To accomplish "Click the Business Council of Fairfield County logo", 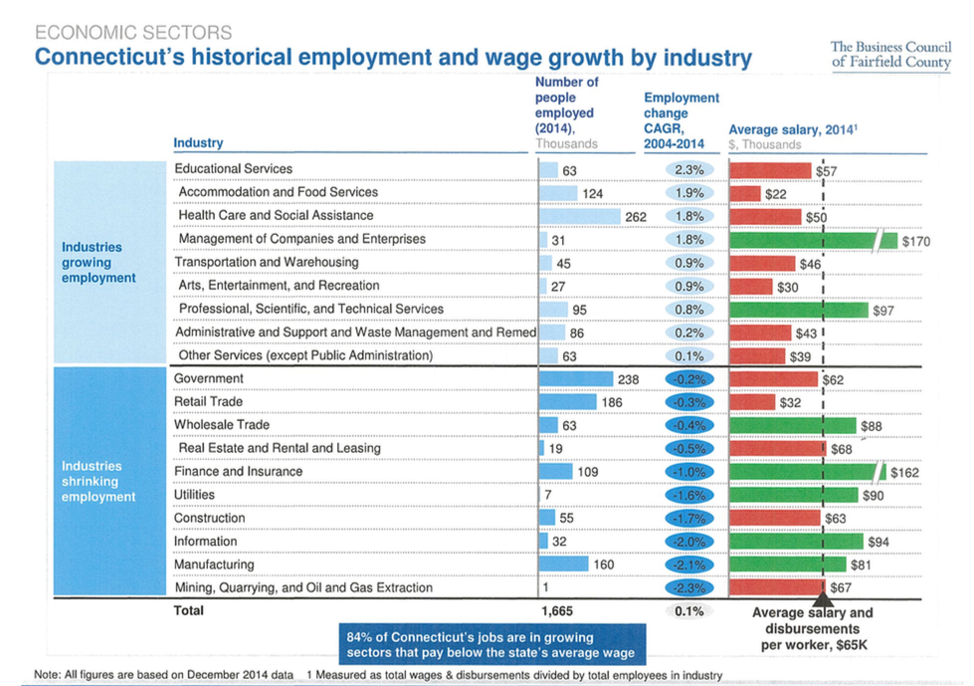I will (x=890, y=56).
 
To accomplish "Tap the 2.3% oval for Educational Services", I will (x=688, y=170).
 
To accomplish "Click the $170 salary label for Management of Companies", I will (x=915, y=240).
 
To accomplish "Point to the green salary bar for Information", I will (x=796, y=542).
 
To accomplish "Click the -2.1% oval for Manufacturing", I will (x=688, y=565).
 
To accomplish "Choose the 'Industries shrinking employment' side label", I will (x=98, y=481).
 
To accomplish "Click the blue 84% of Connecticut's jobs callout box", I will (x=484, y=644).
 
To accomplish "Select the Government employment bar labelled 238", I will (x=576, y=379).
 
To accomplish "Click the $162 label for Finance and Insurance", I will (x=904, y=472).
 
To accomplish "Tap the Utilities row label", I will (x=195, y=495).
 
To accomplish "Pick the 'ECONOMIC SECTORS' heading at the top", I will (x=133, y=34).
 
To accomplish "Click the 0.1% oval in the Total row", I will (x=688, y=611).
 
